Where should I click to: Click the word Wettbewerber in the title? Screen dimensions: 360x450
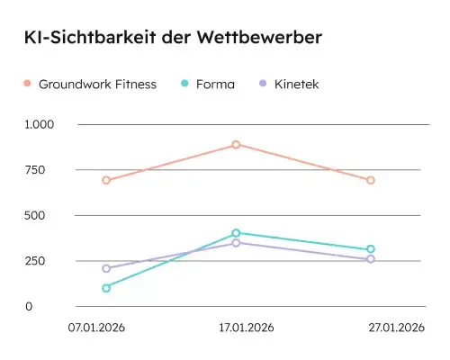(x=261, y=38)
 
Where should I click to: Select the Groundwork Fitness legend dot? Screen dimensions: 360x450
(x=28, y=84)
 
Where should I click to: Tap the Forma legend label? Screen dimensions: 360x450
(x=216, y=84)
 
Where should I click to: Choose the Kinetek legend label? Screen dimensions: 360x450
(x=297, y=84)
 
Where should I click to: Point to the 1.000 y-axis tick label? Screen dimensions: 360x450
(x=40, y=124)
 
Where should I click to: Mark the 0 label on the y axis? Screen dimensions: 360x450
(x=53, y=307)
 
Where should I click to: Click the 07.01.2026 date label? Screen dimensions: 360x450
(x=97, y=327)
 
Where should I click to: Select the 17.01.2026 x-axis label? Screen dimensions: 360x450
(x=246, y=327)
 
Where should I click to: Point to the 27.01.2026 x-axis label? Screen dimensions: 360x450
(x=396, y=327)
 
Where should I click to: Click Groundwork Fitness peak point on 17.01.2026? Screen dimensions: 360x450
(x=236, y=144)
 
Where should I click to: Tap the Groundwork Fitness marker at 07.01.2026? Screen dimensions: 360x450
(x=106, y=180)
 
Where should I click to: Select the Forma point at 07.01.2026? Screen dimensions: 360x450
(x=106, y=288)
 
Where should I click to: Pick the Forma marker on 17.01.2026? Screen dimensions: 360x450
(x=236, y=233)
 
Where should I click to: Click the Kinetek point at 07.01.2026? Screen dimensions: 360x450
(x=106, y=268)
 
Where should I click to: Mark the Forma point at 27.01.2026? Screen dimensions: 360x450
(x=370, y=249)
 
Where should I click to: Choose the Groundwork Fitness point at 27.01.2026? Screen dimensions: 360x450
(x=370, y=180)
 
